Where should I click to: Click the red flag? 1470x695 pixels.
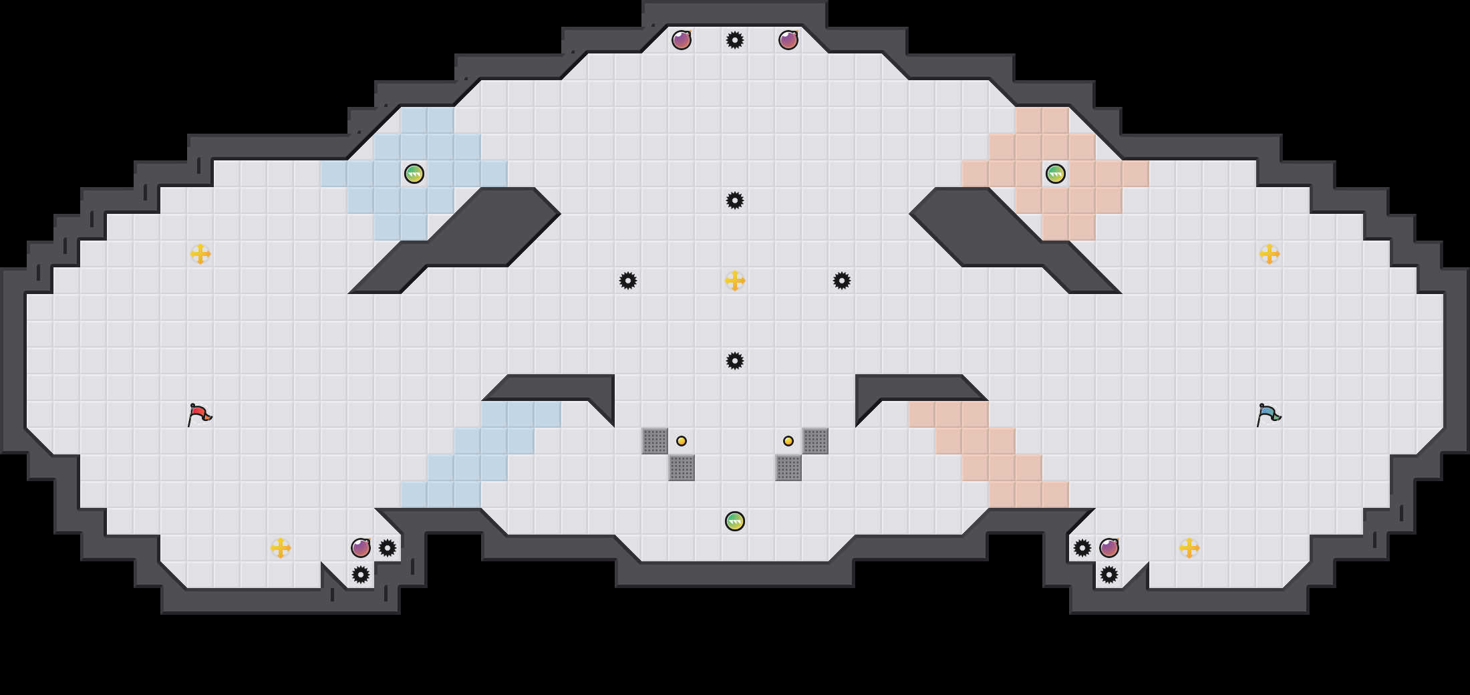pos(199,415)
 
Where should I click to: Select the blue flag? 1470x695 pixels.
pos(1268,415)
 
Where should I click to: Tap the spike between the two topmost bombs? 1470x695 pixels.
pos(735,40)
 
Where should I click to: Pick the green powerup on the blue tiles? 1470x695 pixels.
pos(414,174)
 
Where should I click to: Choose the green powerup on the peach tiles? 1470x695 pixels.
pos(1056,174)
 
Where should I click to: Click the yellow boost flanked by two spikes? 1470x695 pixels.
pos(735,281)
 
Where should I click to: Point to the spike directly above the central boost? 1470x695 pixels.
pos(735,200)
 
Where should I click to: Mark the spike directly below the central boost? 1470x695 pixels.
pos(735,361)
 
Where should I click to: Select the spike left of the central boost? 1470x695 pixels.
pos(628,281)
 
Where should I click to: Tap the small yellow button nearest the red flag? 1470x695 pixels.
pos(682,441)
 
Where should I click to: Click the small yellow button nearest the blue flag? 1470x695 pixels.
pos(788,441)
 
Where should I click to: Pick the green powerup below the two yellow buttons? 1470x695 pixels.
pos(735,521)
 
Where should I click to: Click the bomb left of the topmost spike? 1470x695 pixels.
pos(682,40)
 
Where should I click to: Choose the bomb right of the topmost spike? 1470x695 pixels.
pos(788,40)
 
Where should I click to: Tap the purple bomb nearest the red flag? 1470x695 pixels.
pos(361,548)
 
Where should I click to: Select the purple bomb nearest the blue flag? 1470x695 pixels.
pos(1109,548)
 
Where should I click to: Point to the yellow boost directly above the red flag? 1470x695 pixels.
pos(200,254)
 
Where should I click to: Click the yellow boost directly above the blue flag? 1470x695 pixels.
pos(1270,254)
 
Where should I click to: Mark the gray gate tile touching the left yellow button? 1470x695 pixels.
pos(655,441)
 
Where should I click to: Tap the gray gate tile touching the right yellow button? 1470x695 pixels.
pos(815,441)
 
